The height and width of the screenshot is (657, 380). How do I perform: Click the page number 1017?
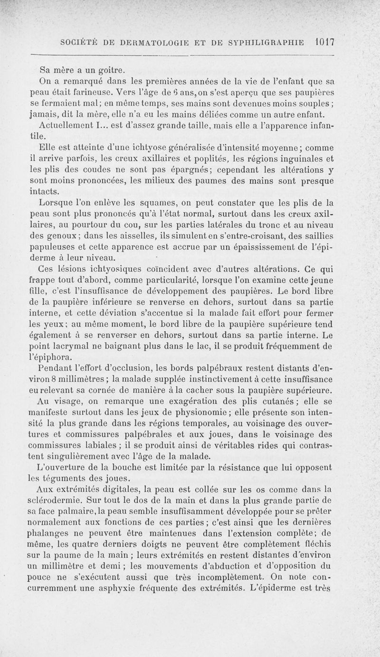325,41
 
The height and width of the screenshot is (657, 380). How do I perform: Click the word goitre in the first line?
98,65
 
